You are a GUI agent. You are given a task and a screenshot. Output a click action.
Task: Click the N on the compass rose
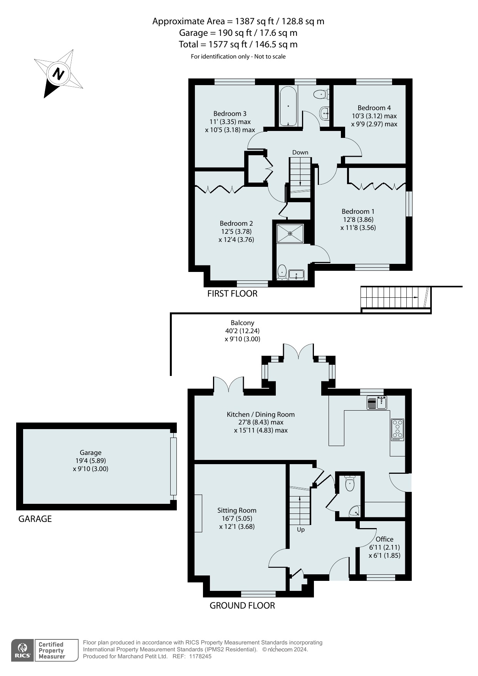coord(58,74)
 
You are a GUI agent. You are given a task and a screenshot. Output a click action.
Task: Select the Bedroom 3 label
coord(230,114)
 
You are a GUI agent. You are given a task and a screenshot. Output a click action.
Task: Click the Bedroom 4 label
coord(374,108)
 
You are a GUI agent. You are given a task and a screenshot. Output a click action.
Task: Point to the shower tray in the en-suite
coord(290,233)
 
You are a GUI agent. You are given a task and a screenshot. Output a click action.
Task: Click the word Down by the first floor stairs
coord(300,153)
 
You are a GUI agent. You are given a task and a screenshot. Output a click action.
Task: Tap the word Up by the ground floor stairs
coord(301,530)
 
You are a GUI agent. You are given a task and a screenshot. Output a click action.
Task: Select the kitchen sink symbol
coord(377,403)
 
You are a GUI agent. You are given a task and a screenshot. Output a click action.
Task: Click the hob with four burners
coord(397,430)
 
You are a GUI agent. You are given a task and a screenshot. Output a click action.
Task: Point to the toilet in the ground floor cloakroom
coord(350,483)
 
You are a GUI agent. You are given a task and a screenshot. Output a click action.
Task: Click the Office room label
coord(384,539)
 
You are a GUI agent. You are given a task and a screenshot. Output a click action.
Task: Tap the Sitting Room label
coord(237,510)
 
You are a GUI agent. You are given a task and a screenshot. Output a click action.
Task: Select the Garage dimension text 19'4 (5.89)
coord(91,461)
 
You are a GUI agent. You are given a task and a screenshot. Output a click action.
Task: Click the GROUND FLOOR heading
coord(242,606)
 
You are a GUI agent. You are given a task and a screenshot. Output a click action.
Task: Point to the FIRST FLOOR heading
coord(232,294)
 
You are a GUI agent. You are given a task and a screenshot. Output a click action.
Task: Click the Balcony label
coord(243,323)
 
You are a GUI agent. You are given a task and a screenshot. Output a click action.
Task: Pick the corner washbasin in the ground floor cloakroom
coord(354,512)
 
